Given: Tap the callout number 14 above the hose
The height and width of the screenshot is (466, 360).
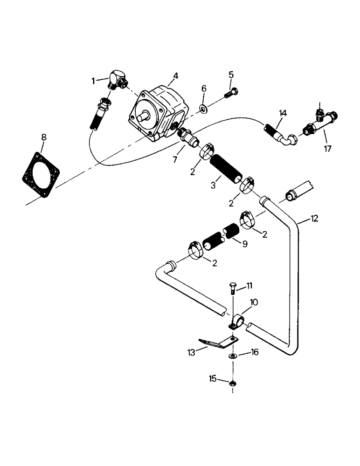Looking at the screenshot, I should [283, 113].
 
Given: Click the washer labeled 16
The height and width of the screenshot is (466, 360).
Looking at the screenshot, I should [232, 356].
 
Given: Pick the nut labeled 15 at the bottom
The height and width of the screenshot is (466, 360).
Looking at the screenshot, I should [232, 383].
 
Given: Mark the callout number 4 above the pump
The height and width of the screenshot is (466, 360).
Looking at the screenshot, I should [175, 75].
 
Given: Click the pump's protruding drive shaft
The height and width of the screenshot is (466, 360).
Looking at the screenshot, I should [142, 115].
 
